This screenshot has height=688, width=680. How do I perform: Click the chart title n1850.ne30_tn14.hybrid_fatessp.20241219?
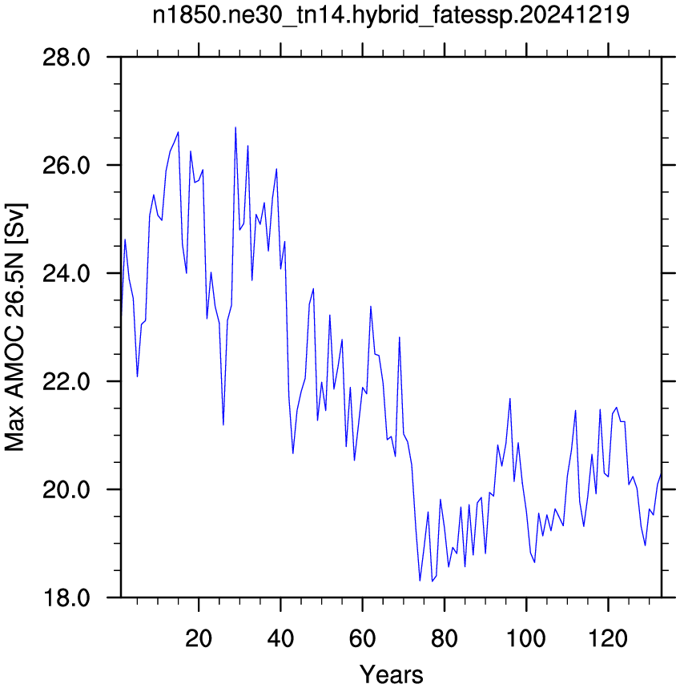[x=391, y=15]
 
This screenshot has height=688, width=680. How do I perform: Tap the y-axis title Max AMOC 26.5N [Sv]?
[x=14, y=328]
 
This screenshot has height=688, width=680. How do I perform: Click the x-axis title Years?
[x=392, y=674]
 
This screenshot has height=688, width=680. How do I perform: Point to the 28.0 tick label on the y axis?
[x=66, y=57]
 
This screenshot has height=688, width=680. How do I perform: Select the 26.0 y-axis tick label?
[x=66, y=165]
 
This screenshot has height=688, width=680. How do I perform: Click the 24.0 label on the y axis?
[x=66, y=273]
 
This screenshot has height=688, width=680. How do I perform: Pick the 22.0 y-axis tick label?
[x=66, y=381]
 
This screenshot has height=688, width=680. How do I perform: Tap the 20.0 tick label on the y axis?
[x=66, y=489]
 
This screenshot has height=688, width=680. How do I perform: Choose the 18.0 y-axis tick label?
[x=66, y=597]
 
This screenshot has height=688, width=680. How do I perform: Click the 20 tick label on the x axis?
[x=199, y=638]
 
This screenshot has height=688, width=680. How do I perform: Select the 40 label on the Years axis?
[x=280, y=638]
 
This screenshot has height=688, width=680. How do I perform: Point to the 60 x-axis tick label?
[x=362, y=638]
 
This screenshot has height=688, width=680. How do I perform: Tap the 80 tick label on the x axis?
[x=445, y=638]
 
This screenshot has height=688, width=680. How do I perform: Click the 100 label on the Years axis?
[x=526, y=638]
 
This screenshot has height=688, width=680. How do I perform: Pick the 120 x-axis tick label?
[x=608, y=638]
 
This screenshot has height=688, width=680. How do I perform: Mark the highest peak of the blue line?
[x=235, y=127]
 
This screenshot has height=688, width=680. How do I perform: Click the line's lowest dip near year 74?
[x=420, y=581]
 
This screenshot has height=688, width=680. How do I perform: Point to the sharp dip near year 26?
[x=223, y=424]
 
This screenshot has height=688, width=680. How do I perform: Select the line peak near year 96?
[x=509, y=398]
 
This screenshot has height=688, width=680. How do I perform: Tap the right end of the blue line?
[x=661, y=474]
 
